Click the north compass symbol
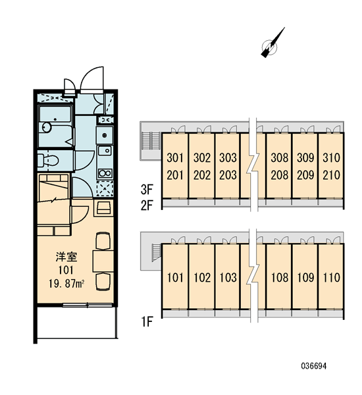click(x=270, y=47)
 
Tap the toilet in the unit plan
click(x=48, y=160)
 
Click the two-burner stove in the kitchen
click(x=105, y=173)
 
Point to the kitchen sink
click(x=105, y=151)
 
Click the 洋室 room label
click(x=66, y=257)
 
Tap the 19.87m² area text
click(x=66, y=284)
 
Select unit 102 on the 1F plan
click(x=202, y=277)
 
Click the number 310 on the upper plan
click(x=332, y=158)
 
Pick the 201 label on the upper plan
click(x=175, y=175)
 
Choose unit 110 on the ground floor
click(x=332, y=277)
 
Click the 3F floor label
click(x=147, y=190)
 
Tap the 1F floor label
click(x=147, y=322)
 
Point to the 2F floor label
click(x=147, y=205)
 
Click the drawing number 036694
click(x=314, y=366)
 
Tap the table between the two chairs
click(x=103, y=261)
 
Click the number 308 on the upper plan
click(x=280, y=158)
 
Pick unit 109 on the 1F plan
click(x=305, y=277)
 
